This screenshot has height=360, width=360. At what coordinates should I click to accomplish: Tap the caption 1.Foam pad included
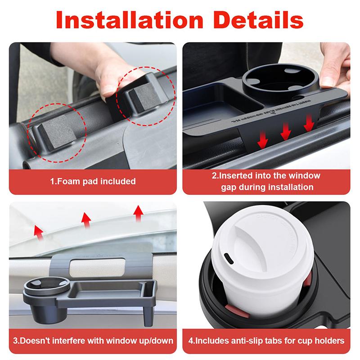coord(93,182)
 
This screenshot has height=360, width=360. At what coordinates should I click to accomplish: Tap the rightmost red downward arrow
coord(308,123)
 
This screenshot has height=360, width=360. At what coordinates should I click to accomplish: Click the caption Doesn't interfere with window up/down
coord(93,341)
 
